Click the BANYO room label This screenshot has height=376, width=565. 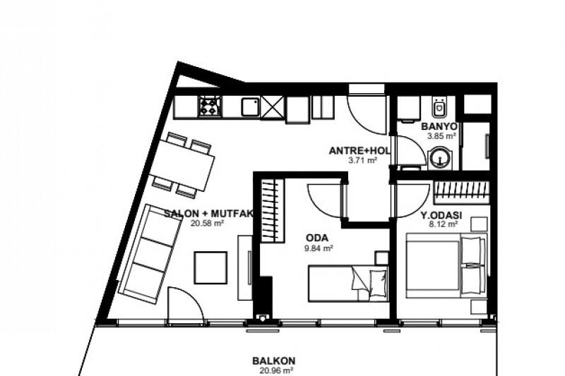[439, 127]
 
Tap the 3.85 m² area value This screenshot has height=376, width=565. [442, 136]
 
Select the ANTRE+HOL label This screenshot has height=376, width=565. [359, 151]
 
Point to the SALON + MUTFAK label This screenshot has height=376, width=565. [209, 214]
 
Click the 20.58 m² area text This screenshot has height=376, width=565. [208, 224]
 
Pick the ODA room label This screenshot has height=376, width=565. [316, 238]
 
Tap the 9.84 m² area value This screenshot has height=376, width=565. [319, 248]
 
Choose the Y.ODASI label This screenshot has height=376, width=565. [441, 216]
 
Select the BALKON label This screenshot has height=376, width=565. [274, 361]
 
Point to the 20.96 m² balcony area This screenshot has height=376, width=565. [276, 370]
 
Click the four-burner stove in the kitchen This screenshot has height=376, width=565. [210, 107]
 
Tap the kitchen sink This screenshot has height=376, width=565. [250, 107]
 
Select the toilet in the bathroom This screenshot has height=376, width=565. [439, 108]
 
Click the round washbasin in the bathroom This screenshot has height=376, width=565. [439, 157]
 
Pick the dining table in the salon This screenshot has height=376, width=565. [182, 165]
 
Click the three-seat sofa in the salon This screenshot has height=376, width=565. [149, 254]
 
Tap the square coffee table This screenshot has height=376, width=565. [210, 267]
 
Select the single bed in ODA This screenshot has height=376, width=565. [348, 283]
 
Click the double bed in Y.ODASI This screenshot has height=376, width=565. [446, 266]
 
